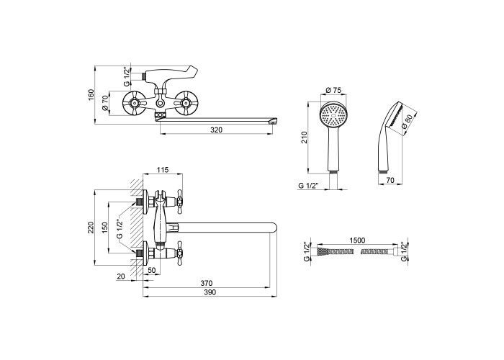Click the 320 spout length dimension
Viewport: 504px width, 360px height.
tap(216, 130)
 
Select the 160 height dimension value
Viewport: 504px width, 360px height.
tap(91, 95)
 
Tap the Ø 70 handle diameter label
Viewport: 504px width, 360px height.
tap(105, 104)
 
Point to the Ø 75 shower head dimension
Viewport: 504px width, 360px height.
tap(333, 90)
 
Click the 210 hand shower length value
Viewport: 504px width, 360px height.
tap(305, 138)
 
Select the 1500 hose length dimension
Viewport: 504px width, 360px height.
tap(357, 240)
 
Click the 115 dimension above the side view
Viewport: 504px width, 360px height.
tap(163, 170)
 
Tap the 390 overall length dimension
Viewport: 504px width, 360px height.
tap(210, 292)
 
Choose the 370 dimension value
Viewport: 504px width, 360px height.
tap(207, 283)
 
